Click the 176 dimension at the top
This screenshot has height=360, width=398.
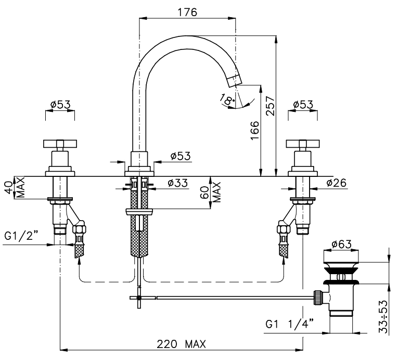point(187,12)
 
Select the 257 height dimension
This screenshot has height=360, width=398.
point(270,106)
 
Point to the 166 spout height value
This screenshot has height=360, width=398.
point(254,130)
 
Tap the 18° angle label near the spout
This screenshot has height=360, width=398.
point(227,99)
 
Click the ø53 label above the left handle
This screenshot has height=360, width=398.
point(60,105)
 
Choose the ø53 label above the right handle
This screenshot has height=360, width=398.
point(303,105)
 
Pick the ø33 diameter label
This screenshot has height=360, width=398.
point(178,183)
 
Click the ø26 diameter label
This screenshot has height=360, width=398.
point(336,183)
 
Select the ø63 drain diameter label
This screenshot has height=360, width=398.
point(341,244)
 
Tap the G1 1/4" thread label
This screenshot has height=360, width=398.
point(290,324)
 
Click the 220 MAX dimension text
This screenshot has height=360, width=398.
point(181,344)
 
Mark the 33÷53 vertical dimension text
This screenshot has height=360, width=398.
point(383,317)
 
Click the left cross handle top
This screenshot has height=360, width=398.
point(60,144)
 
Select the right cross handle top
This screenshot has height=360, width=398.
point(303,144)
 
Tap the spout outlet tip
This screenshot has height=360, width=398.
point(235,81)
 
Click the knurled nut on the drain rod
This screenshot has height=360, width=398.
point(318,297)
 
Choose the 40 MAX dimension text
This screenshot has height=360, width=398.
point(16,187)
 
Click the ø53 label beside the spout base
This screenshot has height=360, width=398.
point(181,156)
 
